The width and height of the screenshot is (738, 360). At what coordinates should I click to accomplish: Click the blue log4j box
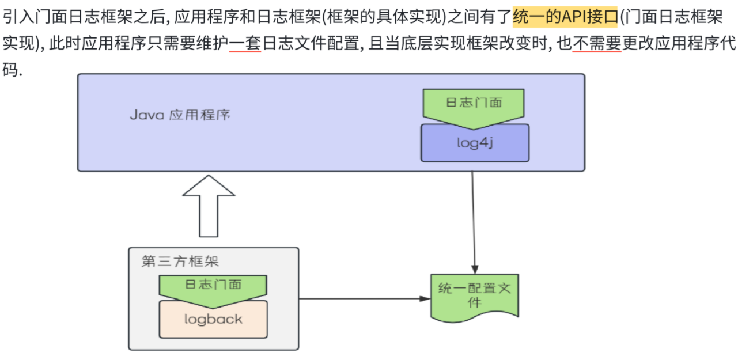pyautogui.click(x=475, y=143)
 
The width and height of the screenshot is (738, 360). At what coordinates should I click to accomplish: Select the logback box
pyautogui.click(x=213, y=319)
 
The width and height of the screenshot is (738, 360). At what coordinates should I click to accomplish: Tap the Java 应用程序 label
pyautogui.click(x=180, y=114)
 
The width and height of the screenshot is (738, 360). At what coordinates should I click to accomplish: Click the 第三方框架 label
pyautogui.click(x=180, y=261)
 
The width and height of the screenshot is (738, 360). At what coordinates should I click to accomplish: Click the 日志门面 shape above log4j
pyautogui.click(x=474, y=104)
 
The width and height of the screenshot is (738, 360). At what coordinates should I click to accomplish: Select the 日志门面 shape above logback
pyautogui.click(x=213, y=286)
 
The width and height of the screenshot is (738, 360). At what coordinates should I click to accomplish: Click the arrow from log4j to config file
pyautogui.click(x=473, y=219)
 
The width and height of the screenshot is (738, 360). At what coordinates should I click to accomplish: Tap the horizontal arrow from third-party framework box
pyautogui.click(x=363, y=299)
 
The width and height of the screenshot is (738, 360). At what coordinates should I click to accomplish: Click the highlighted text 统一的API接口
pyautogui.click(x=565, y=17)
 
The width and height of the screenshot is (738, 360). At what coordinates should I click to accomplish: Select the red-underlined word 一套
pyautogui.click(x=245, y=43)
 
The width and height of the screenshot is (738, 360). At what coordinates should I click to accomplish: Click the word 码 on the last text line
pyautogui.click(x=10, y=70)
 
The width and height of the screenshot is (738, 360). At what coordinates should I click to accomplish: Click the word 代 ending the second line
pyautogui.click(x=728, y=43)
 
